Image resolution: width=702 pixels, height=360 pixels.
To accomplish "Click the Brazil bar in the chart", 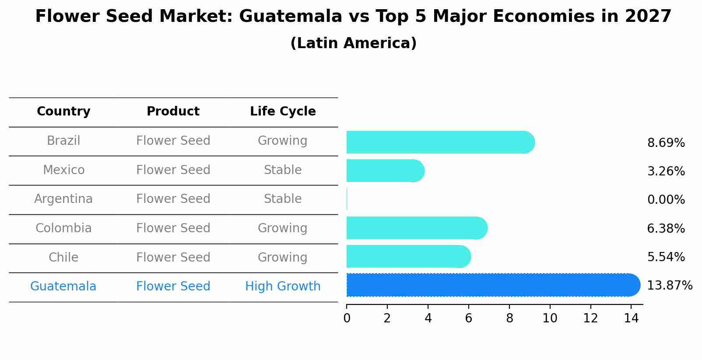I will (440, 142).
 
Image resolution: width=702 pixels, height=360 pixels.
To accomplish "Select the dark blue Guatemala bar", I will (492, 285).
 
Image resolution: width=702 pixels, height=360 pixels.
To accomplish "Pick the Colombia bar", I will (416, 228).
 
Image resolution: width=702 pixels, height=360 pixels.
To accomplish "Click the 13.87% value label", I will (669, 286).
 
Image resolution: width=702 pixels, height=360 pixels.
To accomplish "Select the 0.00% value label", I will (666, 200).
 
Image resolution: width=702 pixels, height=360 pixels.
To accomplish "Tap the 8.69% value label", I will (666, 143).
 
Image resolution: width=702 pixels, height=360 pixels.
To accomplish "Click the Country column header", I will (63, 112).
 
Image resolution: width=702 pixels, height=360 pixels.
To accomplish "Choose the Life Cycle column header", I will (283, 112).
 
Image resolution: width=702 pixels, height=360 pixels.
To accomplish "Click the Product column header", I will (173, 112).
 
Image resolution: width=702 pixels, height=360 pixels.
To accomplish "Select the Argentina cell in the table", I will (63, 199).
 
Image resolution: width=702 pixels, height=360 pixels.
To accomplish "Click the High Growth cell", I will (283, 287).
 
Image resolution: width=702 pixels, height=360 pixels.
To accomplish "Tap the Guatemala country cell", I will (63, 287).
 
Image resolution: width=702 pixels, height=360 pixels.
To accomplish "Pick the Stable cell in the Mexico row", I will (283, 170).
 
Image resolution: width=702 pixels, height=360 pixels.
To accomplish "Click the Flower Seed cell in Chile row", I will (173, 257).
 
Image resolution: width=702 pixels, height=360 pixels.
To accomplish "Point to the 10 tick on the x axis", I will (550, 318).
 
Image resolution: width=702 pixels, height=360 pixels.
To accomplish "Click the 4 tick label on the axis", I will (428, 318).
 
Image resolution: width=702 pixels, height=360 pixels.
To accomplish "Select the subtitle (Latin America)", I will (353, 43).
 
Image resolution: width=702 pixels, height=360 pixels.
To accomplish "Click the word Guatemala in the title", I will (290, 17).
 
